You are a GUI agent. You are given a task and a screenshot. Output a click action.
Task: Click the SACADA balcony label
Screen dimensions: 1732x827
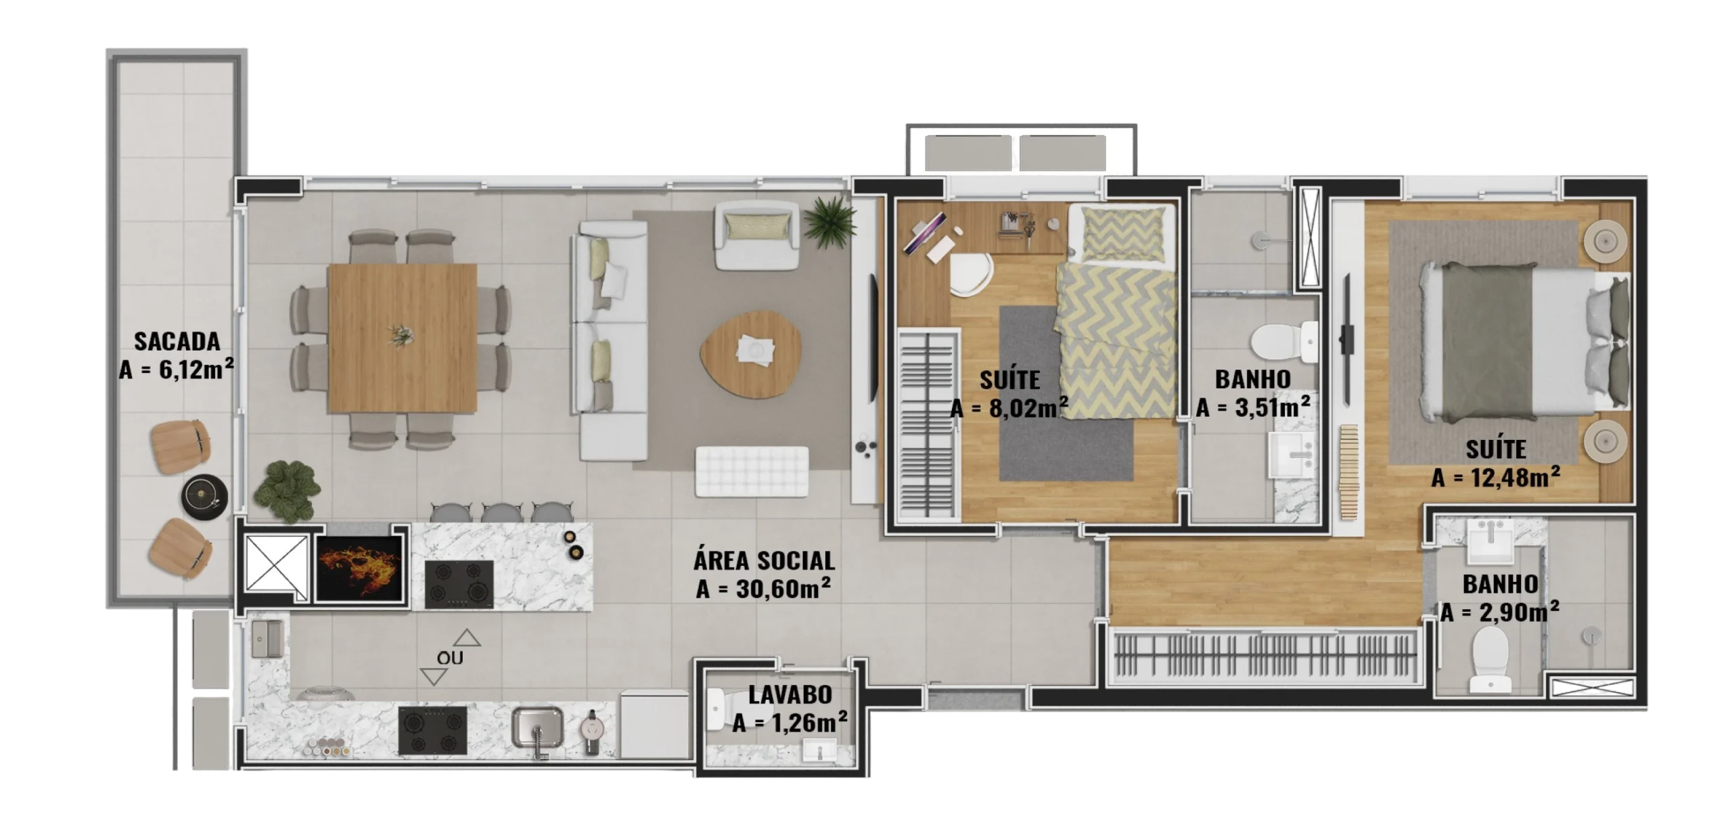177,341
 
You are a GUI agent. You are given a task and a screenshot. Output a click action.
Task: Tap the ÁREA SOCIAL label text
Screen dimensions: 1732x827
764,560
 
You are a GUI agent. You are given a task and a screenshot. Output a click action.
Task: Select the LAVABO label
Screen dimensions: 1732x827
790,694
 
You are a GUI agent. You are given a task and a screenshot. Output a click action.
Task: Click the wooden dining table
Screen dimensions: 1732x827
402,338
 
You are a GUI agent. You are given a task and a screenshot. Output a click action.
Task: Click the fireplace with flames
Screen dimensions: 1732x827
357,568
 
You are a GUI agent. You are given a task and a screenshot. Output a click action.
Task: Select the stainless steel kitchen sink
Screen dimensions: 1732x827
537,729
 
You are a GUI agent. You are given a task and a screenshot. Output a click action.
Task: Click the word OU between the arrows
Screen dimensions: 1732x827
450,658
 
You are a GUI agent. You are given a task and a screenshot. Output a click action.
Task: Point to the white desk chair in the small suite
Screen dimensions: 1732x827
971,275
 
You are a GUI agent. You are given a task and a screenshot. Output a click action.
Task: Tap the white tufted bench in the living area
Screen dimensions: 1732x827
752,472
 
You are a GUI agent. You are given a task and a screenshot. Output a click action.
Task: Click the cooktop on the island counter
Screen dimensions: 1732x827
459,584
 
